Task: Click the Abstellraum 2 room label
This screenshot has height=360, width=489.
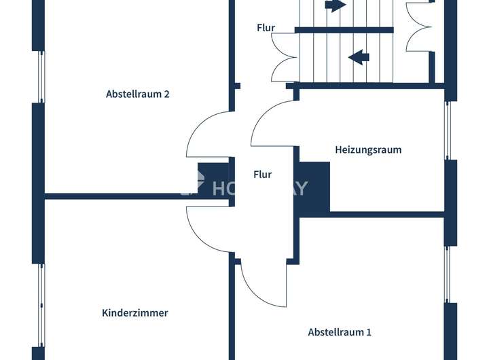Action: click(x=137, y=94)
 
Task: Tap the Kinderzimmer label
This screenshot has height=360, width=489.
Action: click(x=134, y=313)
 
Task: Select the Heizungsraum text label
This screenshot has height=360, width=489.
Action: click(x=368, y=149)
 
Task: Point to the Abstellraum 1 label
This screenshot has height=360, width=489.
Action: click(x=340, y=332)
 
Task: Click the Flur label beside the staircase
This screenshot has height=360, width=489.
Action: click(x=266, y=28)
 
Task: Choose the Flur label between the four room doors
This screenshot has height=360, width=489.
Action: click(x=262, y=175)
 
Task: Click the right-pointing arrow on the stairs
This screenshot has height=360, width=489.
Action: click(x=336, y=6)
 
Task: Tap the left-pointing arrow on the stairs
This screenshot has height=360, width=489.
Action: click(x=359, y=57)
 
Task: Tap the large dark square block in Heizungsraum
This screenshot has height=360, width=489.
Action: click(x=314, y=186)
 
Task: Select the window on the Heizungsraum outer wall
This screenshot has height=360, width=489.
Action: click(x=448, y=130)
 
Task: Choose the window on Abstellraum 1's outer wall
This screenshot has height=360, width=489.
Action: click(x=448, y=274)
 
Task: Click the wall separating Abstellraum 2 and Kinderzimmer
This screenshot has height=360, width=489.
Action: click(x=115, y=196)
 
